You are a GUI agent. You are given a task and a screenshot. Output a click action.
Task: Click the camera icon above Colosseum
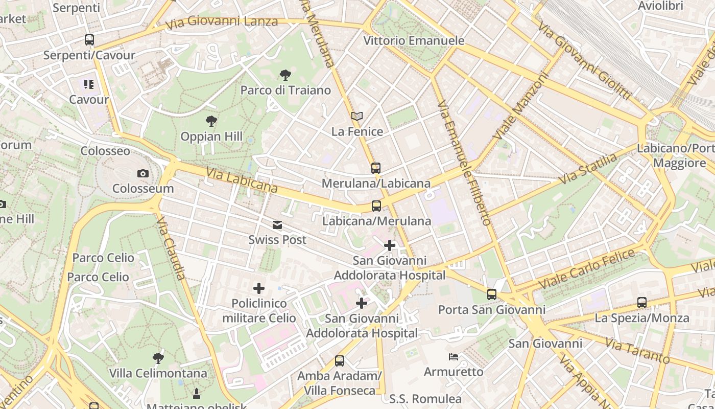pyautogui.click(x=143, y=174)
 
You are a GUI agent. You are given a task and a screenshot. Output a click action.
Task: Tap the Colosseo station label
pyautogui.click(x=105, y=151)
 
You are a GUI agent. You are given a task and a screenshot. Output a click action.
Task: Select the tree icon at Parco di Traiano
pyautogui.click(x=285, y=76)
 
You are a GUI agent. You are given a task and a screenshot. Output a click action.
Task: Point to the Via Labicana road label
pyautogui.click(x=242, y=181)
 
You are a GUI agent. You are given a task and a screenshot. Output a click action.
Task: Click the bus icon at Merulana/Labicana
pyautogui.click(x=376, y=168)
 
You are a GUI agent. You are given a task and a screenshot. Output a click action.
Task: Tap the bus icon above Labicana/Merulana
pyautogui.click(x=376, y=206)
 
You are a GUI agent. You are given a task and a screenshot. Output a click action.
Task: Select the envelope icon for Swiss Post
pyautogui.click(x=277, y=225)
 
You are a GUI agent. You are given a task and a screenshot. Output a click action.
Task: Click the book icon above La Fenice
pyautogui.click(x=357, y=117)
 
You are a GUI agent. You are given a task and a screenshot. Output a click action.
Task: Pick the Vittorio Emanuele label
pyautogui.click(x=414, y=41)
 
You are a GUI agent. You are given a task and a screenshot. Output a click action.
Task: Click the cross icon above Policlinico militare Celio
pyautogui.click(x=259, y=288)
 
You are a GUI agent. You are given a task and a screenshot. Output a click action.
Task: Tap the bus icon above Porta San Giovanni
pyautogui.click(x=492, y=294)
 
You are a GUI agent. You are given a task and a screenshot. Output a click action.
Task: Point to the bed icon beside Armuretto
pyautogui.click(x=453, y=356)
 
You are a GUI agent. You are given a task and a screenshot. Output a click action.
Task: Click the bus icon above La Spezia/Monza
pyautogui.click(x=642, y=303)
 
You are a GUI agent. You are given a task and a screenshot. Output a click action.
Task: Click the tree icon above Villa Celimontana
pyautogui.click(x=158, y=358)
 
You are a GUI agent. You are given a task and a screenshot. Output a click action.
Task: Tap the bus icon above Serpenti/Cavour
pyautogui.click(x=89, y=40)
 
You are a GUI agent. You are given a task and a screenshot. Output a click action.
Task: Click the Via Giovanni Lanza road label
pyautogui.click(x=222, y=21)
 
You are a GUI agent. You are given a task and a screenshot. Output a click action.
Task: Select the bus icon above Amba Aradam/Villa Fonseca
pyautogui.click(x=340, y=361)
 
